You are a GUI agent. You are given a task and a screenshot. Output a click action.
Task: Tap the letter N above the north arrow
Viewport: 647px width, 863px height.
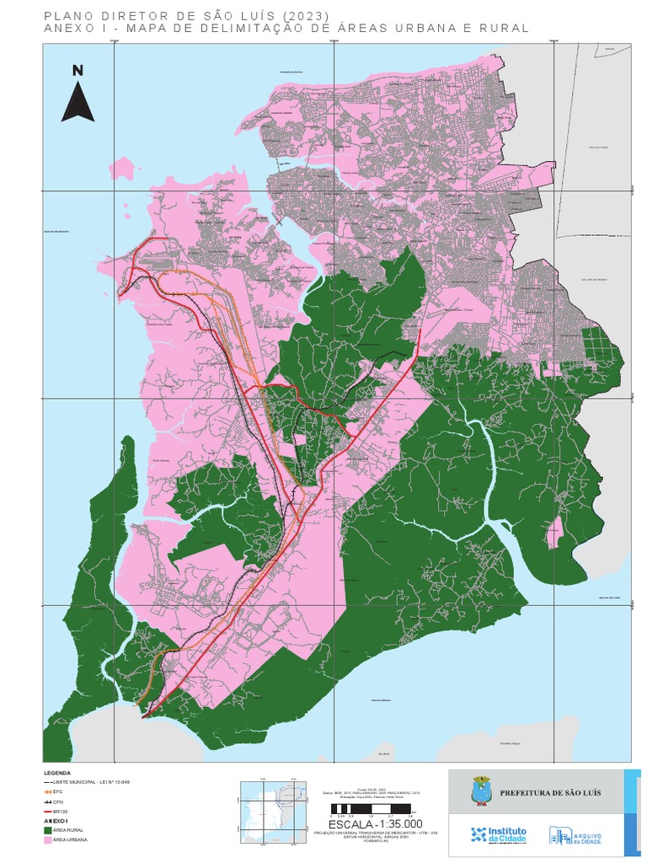point(78,71)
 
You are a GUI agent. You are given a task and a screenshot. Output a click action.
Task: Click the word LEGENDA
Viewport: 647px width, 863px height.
point(57,773)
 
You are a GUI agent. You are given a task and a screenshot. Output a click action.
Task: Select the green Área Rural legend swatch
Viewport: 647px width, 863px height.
point(47,829)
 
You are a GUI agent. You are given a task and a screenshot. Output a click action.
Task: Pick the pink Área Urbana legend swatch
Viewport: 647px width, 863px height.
point(47,839)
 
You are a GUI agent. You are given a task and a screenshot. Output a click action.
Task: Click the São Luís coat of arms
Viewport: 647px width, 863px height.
point(479,791)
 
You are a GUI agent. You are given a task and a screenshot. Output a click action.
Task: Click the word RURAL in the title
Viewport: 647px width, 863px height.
point(505,28)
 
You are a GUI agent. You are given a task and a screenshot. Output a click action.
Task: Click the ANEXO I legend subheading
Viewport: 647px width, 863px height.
point(55,820)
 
